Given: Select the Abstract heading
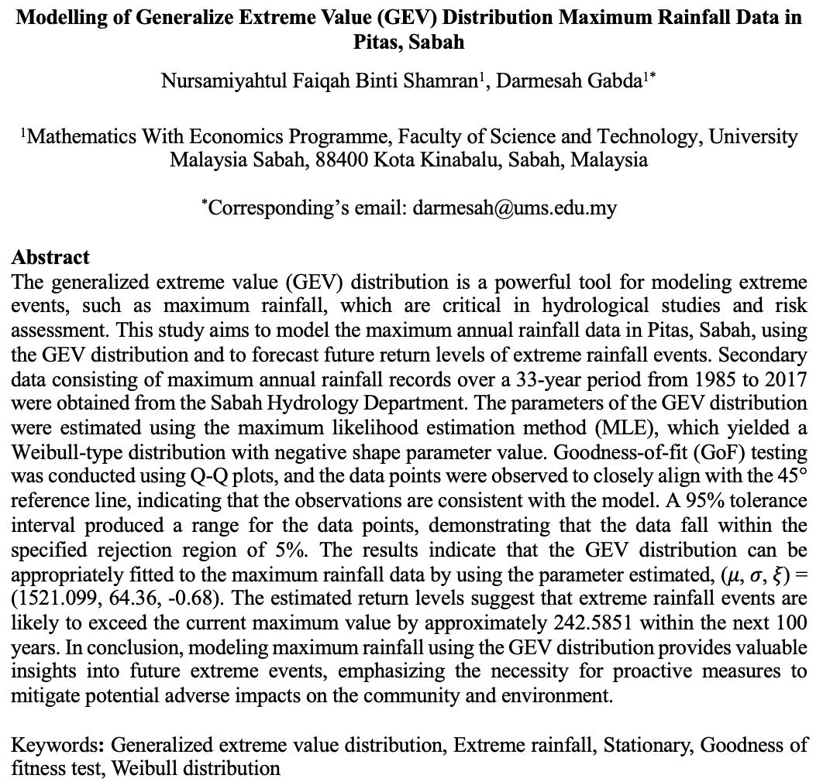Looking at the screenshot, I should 50,257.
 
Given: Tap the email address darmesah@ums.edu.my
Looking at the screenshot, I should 515,208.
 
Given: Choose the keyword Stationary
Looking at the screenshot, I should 649,746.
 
